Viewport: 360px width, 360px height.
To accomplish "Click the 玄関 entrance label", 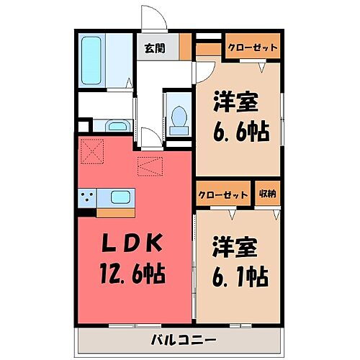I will (x=152, y=49).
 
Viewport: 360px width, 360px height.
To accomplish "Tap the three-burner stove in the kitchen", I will (x=89, y=196).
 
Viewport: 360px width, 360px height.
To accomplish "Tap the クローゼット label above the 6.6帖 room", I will (x=252, y=48).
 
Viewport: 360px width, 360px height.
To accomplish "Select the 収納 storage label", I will (x=267, y=194).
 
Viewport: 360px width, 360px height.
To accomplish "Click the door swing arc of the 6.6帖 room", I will (x=204, y=68).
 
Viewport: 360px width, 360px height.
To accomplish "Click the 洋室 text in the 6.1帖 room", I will (x=235, y=246).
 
